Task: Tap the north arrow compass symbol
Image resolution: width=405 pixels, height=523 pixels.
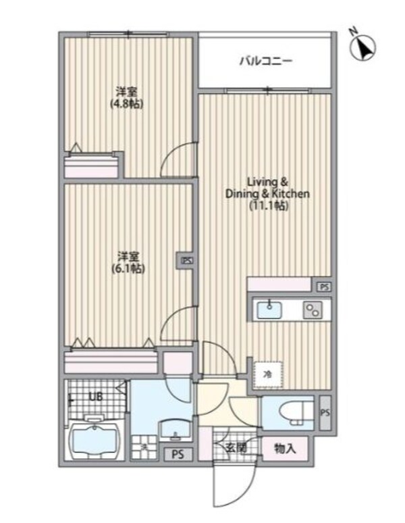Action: [365, 45]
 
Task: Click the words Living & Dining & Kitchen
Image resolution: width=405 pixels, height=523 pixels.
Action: [267, 188]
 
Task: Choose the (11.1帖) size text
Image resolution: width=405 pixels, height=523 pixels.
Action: [268, 206]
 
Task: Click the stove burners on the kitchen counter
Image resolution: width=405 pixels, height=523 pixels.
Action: [313, 309]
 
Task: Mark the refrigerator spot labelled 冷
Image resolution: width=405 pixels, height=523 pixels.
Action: [267, 372]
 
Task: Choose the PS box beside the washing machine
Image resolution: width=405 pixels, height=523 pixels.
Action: [178, 454]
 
